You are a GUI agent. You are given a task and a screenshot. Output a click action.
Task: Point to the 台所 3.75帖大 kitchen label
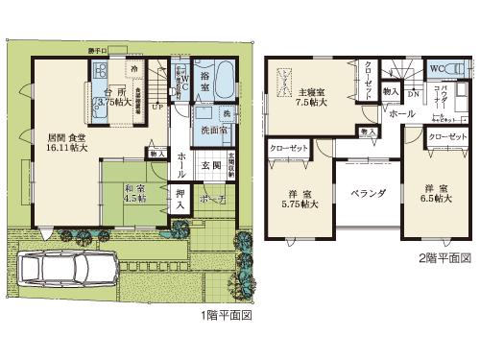[x=112, y=94]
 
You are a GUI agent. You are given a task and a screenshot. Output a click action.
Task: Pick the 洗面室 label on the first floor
[x=211, y=131]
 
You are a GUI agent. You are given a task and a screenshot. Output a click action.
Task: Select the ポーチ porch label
[x=212, y=200]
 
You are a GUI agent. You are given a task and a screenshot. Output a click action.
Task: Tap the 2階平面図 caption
[x=444, y=258]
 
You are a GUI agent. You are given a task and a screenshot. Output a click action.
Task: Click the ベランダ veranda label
[x=369, y=192]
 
